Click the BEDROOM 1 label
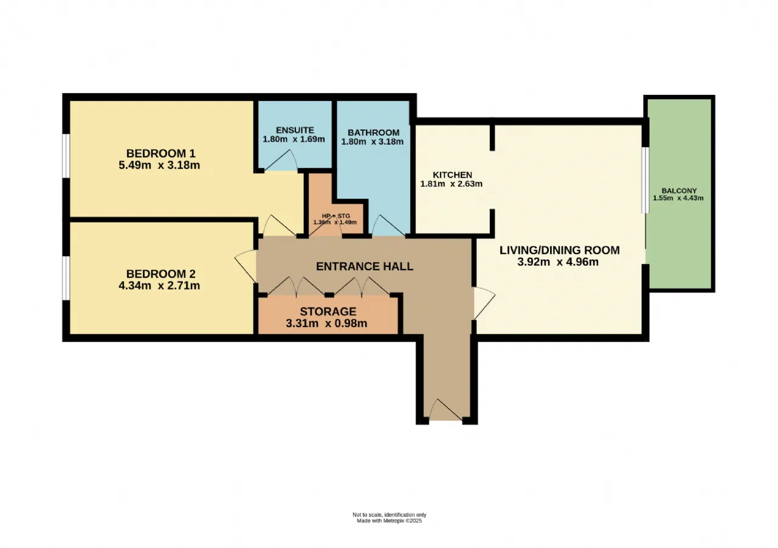[x=161, y=153]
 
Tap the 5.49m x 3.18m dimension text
[x=159, y=165]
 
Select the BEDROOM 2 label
[x=161, y=274]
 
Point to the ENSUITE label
[x=295, y=130]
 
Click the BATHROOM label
[x=373, y=133]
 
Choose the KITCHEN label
[x=452, y=175]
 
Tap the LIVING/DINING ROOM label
[x=560, y=250]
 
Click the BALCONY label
[x=679, y=191]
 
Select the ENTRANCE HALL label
[x=365, y=266]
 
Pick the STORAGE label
[x=328, y=311]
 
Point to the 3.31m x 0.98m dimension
[x=326, y=324]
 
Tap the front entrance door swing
[x=446, y=411]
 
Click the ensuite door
[x=281, y=160]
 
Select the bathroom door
[x=388, y=226]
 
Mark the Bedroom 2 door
[x=246, y=266]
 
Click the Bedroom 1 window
[x=65, y=156]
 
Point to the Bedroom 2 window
[x=65, y=278]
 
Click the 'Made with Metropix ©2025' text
[x=390, y=521]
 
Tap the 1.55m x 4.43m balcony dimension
[x=678, y=198]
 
